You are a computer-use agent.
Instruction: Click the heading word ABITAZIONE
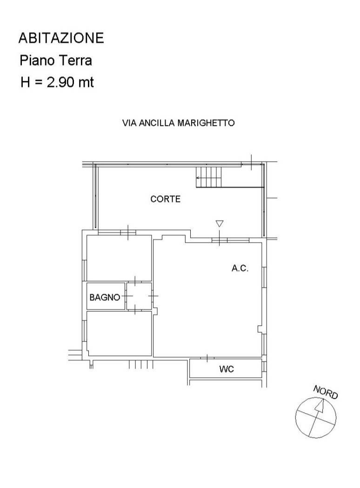(x=61, y=38)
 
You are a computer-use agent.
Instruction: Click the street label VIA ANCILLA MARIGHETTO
(x=179, y=123)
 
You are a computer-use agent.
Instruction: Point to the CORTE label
(x=166, y=199)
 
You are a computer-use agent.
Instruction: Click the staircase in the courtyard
(x=209, y=177)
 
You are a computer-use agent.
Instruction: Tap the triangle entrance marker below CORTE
(x=220, y=224)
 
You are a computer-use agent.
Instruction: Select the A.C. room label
(x=240, y=268)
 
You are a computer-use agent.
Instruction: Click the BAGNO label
(x=105, y=297)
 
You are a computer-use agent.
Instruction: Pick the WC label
(x=227, y=369)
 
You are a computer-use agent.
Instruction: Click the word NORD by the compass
(x=326, y=392)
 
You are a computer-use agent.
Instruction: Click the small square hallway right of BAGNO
(x=139, y=296)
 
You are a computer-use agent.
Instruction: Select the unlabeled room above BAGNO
(x=119, y=258)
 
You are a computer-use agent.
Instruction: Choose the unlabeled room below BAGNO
(x=119, y=333)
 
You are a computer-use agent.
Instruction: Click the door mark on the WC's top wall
(x=207, y=358)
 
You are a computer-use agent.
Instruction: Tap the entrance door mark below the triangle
(x=220, y=240)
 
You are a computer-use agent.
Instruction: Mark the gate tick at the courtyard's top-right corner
(x=251, y=163)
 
